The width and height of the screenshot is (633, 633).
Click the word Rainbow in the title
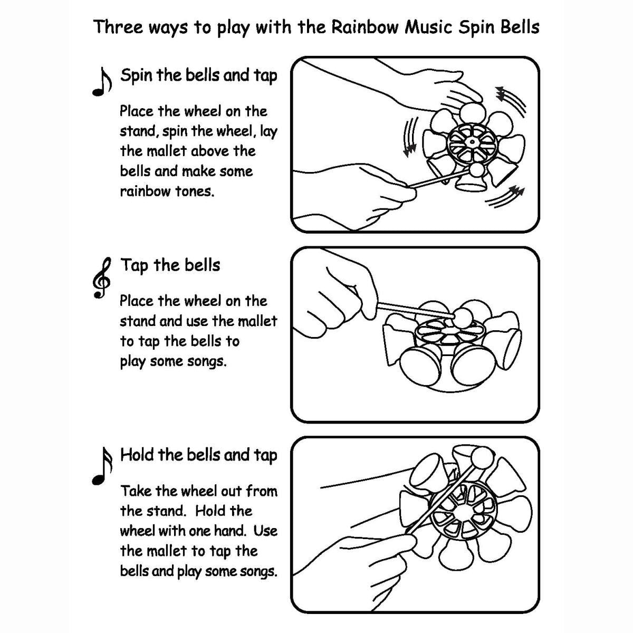click(x=365, y=27)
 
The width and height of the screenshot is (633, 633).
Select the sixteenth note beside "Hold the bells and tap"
click(x=101, y=466)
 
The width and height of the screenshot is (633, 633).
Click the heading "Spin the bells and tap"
click(x=198, y=75)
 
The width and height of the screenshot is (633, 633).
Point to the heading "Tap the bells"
click(x=170, y=265)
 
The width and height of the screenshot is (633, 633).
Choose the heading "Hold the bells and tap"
click(x=198, y=455)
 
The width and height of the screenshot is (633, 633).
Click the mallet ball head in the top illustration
click(x=477, y=170)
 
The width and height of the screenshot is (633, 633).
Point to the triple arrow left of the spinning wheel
click(x=409, y=137)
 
